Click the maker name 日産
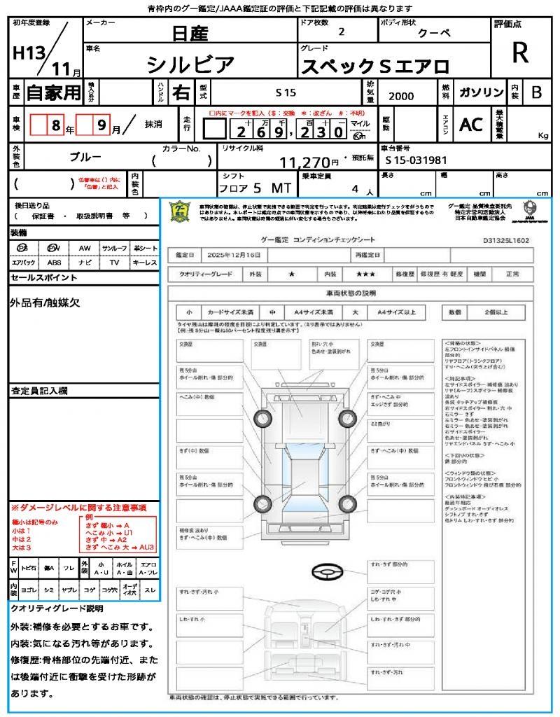tap(189, 33)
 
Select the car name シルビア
tap(190, 65)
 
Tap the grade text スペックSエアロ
tap(374, 67)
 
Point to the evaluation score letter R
tap(519, 53)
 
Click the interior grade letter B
tap(536, 92)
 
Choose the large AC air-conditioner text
tap(471, 124)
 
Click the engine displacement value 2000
tap(401, 96)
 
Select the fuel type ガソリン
tap(480, 92)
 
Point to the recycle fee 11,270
tap(309, 162)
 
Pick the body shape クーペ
tap(435, 33)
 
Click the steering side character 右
tap(181, 92)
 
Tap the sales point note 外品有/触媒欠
tap(45, 302)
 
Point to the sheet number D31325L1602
tap(505, 240)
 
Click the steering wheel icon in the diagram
tap(326, 572)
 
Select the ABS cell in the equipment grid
tap(55, 263)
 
